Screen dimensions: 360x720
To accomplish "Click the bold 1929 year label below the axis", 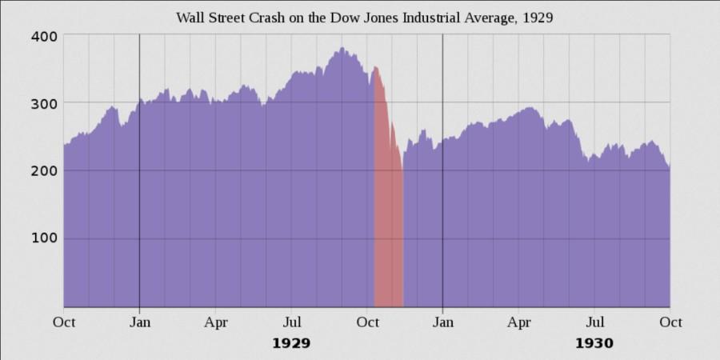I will (x=291, y=343).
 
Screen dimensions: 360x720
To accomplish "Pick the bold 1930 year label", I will (x=594, y=343).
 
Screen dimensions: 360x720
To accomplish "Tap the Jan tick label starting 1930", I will (x=442, y=322).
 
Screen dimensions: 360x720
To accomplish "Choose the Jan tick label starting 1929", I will (x=139, y=322).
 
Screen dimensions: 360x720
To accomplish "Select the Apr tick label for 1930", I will (x=518, y=322).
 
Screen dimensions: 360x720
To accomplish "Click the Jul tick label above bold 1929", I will (x=291, y=322).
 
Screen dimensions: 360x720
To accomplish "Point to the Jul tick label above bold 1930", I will (x=594, y=322).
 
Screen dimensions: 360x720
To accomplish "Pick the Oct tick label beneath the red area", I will (x=367, y=322).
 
